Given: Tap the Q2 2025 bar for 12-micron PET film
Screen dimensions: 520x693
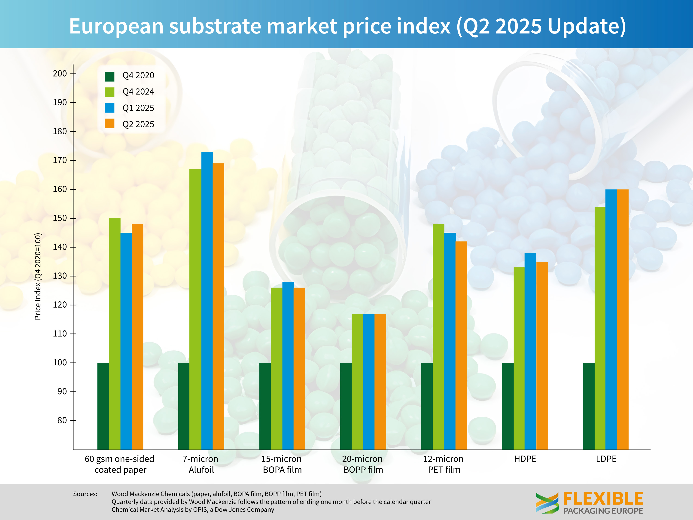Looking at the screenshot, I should [x=461, y=345].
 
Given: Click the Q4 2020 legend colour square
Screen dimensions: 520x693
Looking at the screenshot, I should [x=109, y=76].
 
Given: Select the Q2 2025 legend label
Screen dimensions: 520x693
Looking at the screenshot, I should [x=138, y=124].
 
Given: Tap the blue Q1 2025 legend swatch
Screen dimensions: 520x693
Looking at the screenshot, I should [x=109, y=108].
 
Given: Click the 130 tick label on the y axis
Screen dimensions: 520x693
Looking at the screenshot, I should [x=60, y=276].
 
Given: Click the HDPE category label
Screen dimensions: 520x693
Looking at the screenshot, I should [x=525, y=459].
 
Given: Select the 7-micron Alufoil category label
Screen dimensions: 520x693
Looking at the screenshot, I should [x=201, y=464].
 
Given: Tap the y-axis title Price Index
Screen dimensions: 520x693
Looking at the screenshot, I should [x=38, y=276].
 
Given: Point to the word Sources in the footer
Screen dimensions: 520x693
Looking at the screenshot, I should [x=85, y=494].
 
